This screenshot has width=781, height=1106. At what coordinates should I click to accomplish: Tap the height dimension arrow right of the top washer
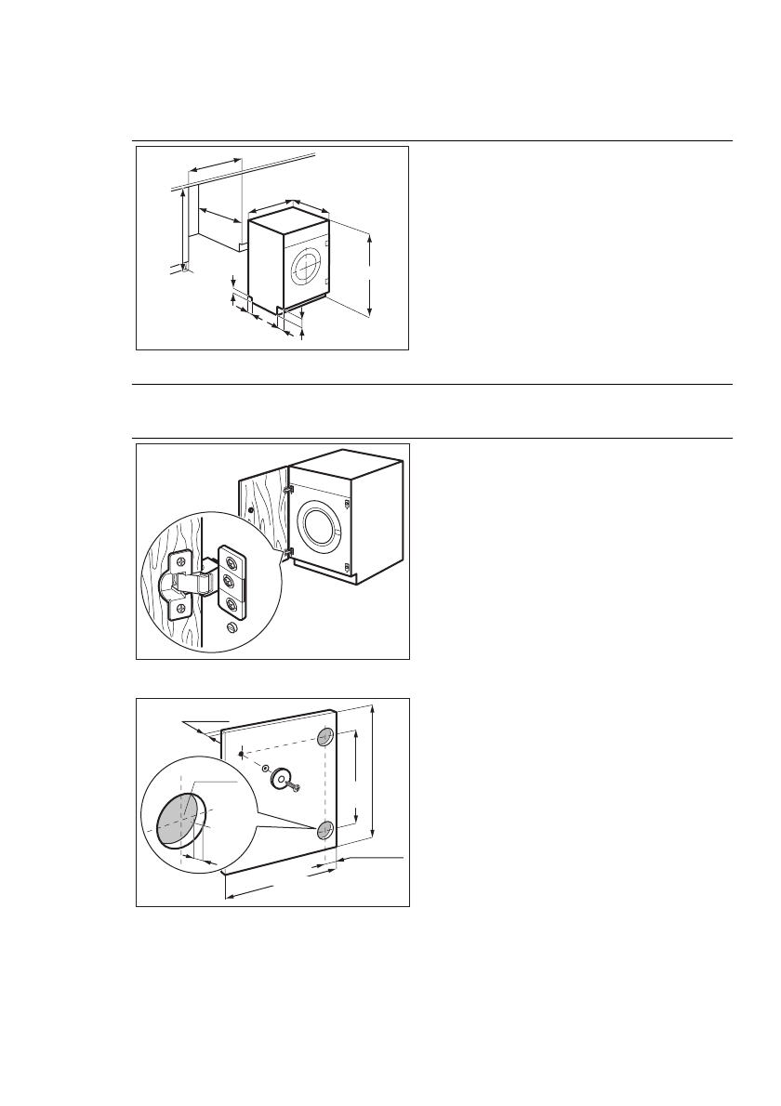[x=370, y=276]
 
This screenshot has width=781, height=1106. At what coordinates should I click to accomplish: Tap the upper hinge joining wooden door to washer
[x=288, y=487]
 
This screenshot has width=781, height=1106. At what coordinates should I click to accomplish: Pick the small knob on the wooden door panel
[x=251, y=509]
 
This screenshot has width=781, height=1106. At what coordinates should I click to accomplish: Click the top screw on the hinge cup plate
[x=179, y=562]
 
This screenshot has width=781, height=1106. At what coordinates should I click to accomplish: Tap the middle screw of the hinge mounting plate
[x=230, y=582]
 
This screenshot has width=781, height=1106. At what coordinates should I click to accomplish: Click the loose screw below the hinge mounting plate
[x=232, y=629]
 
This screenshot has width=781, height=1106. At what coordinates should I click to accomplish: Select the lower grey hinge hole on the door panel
[x=324, y=830]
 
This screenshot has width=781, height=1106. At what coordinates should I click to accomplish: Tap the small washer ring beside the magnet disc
[x=266, y=769]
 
